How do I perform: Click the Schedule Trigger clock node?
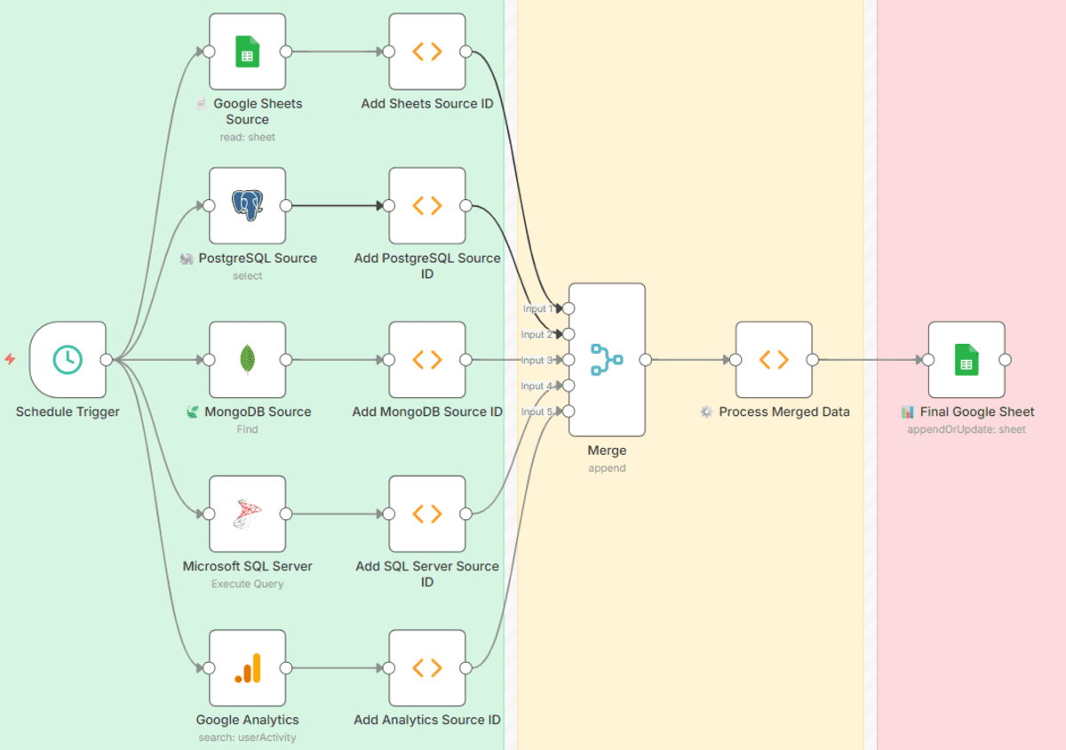pyautogui.click(x=68, y=359)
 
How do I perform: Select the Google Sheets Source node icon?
pyautogui.click(x=247, y=52)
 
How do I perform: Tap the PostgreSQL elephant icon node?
pyautogui.click(x=247, y=205)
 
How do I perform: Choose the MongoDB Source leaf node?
pyautogui.click(x=247, y=359)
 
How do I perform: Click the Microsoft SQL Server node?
pyautogui.click(x=247, y=514)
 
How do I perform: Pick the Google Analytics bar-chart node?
pyautogui.click(x=247, y=667)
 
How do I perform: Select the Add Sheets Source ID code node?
pyautogui.click(x=426, y=52)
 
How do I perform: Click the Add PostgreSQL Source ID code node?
pyautogui.click(x=426, y=205)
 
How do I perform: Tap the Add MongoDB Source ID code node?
pyautogui.click(x=426, y=359)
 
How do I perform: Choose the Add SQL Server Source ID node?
pyautogui.click(x=426, y=514)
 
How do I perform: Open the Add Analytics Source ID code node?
pyautogui.click(x=426, y=667)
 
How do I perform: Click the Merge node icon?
pyautogui.click(x=607, y=359)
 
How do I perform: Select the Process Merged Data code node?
pyautogui.click(x=774, y=359)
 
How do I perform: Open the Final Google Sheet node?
pyautogui.click(x=967, y=359)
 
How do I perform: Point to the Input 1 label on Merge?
pyautogui.click(x=537, y=309)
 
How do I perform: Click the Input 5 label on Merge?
pyautogui.click(x=537, y=411)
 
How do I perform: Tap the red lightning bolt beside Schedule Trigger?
pyautogui.click(x=10, y=359)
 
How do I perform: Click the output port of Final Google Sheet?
pyautogui.click(x=1005, y=360)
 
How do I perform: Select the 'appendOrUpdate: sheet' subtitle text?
pyautogui.click(x=967, y=429)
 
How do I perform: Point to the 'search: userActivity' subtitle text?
pyautogui.click(x=247, y=738)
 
